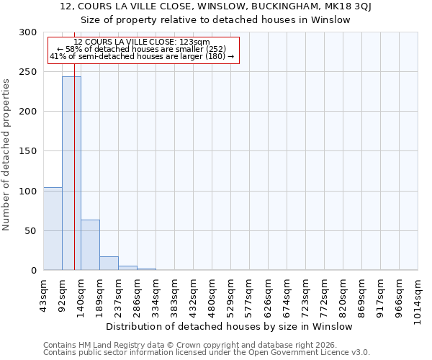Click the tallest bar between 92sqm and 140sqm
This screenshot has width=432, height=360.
point(71,173)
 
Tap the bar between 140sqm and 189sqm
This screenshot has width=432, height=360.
point(90,245)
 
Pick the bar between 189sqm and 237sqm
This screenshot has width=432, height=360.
point(109,264)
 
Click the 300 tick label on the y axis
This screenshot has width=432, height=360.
point(28,32)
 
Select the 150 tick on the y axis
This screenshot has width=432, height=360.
point(28,151)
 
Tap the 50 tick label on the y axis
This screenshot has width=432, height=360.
point(31,231)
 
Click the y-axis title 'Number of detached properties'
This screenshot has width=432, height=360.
point(7,155)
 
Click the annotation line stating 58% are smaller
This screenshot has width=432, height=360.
point(141,49)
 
